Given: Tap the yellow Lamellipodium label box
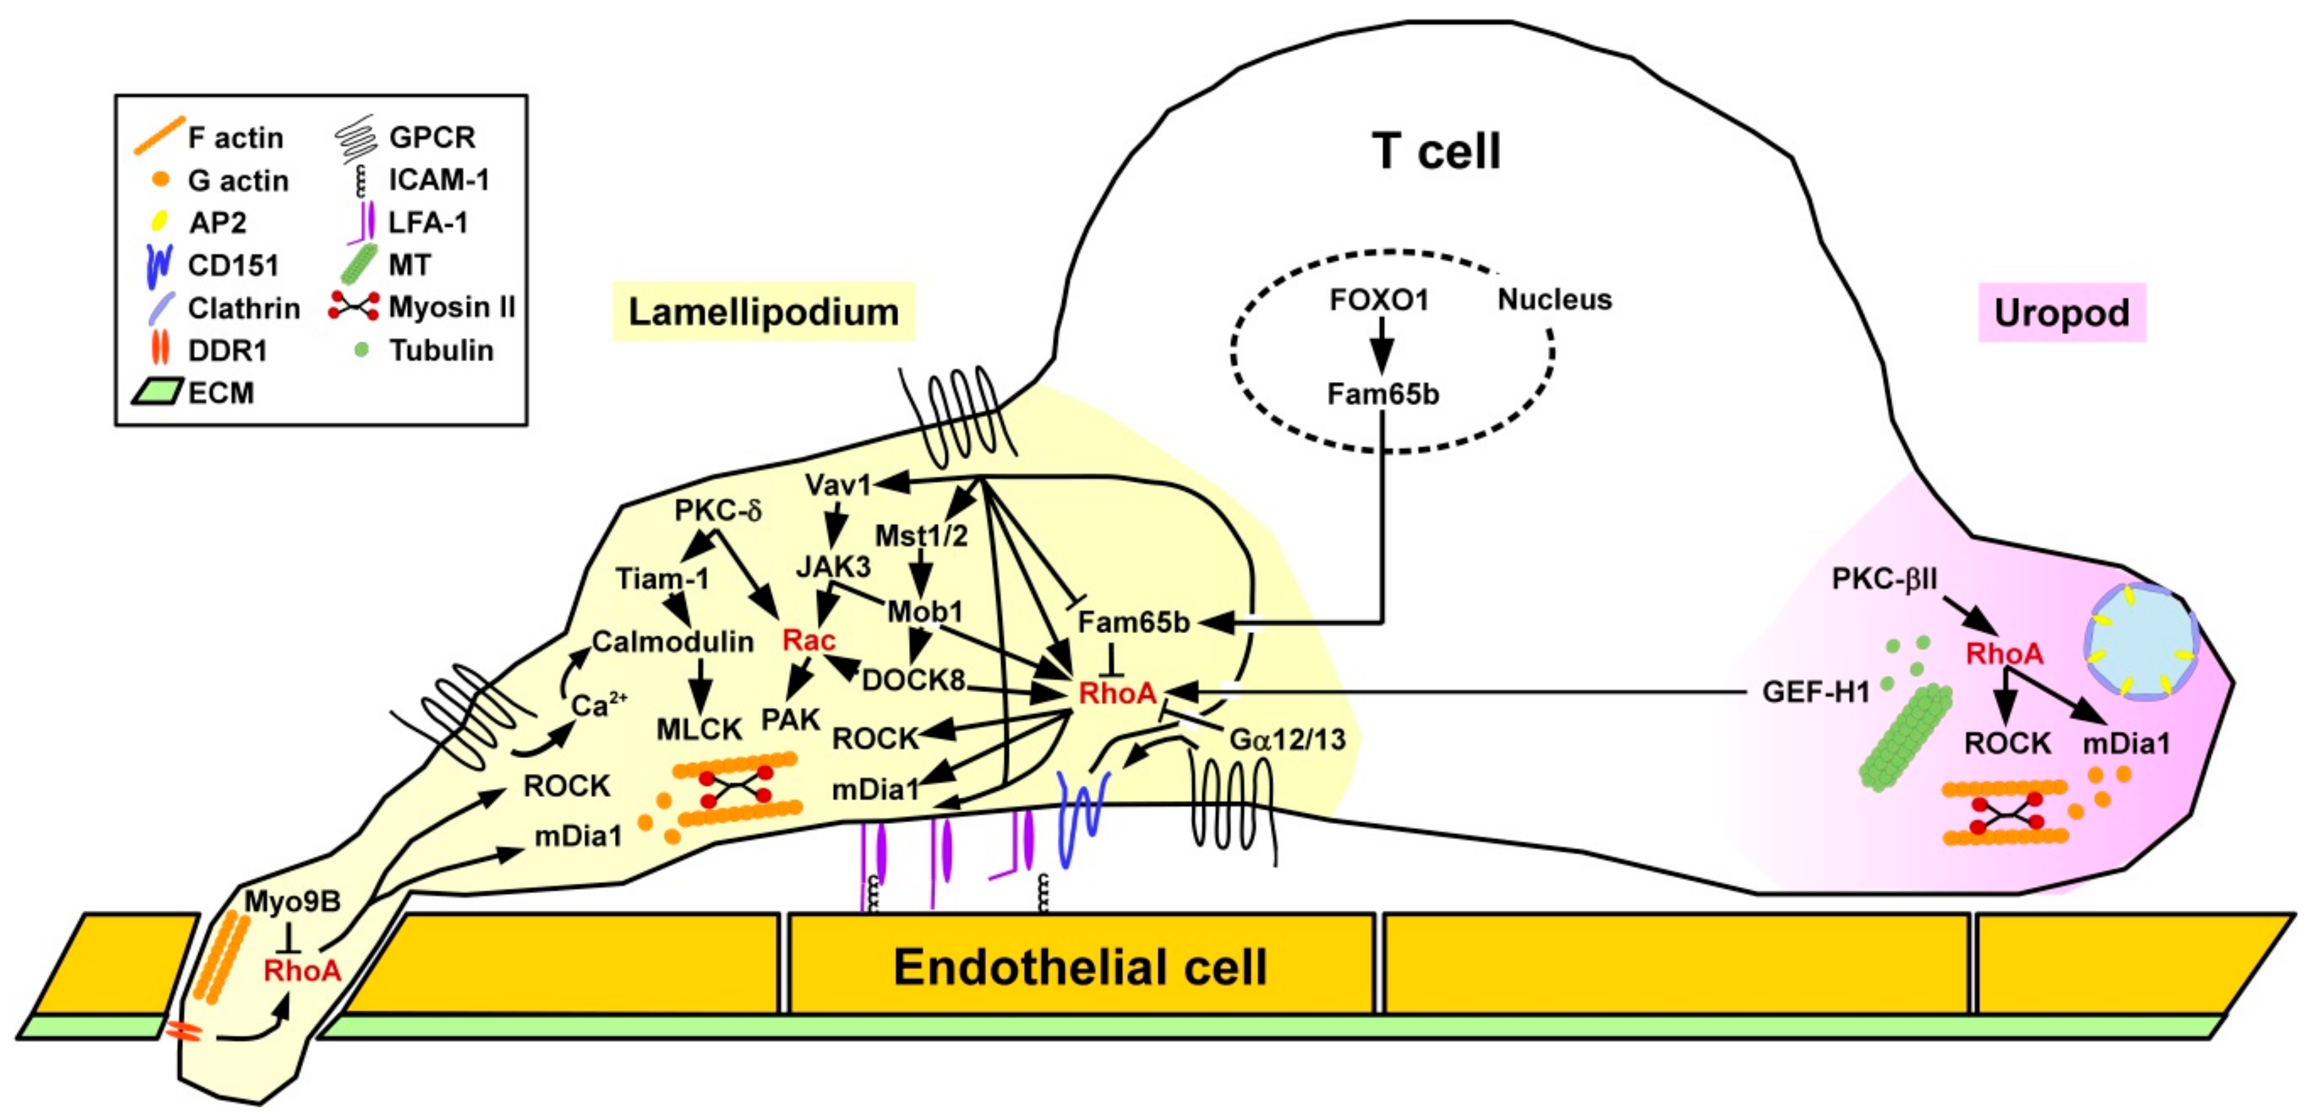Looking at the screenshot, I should coord(763,312).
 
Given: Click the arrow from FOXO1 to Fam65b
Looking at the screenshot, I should coord(1381,345).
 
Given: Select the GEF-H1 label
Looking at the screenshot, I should coord(1815,692).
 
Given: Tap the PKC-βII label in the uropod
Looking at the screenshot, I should coord(1884,580).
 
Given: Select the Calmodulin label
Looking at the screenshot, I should coord(672,641).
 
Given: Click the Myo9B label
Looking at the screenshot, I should coord(292,901).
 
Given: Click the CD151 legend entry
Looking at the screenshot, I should coord(232,265).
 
